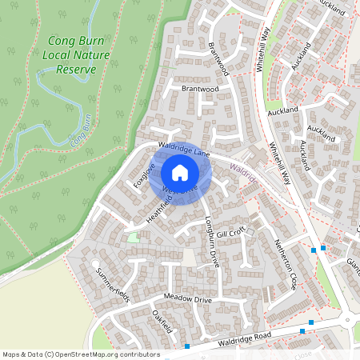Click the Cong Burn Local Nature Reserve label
72,54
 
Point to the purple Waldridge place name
245,175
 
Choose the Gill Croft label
230,232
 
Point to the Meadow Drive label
187,298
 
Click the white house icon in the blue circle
180,173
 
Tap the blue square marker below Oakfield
186,346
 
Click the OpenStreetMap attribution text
80,354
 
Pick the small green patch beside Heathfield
133,237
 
